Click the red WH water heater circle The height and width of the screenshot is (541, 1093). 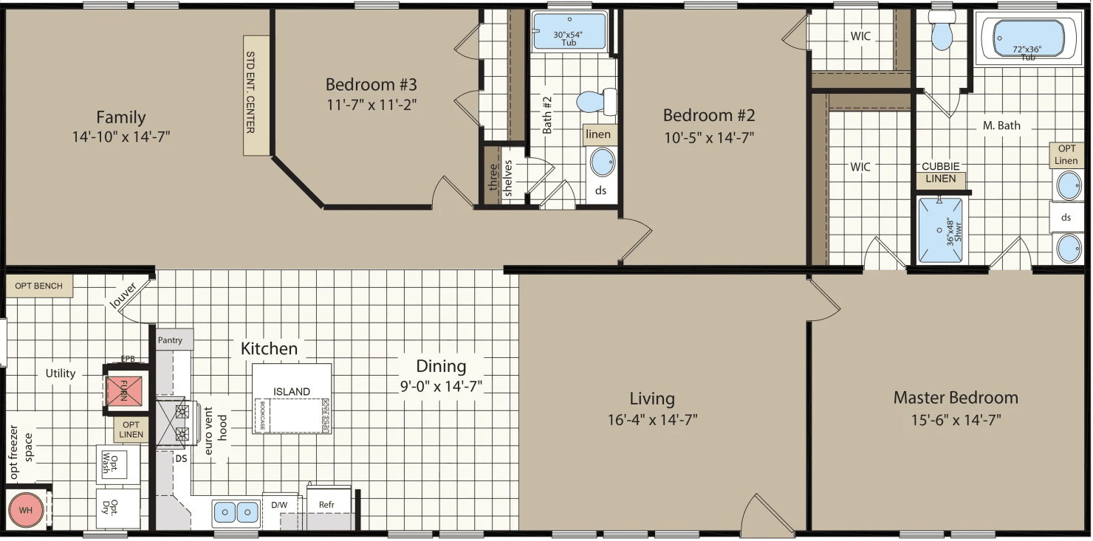click(x=26, y=510)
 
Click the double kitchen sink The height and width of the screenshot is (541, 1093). click(x=236, y=511)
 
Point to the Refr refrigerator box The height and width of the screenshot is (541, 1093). click(x=327, y=506)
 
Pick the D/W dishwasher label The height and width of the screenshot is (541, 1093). click(x=279, y=506)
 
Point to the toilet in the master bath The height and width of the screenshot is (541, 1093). click(x=942, y=32)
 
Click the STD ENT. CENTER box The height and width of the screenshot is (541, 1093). click(x=256, y=95)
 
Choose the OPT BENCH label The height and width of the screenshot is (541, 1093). click(x=39, y=286)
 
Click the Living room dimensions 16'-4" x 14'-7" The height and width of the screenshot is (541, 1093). click(x=652, y=420)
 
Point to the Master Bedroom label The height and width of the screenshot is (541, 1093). click(x=956, y=398)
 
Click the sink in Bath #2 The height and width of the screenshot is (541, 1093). click(x=603, y=162)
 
